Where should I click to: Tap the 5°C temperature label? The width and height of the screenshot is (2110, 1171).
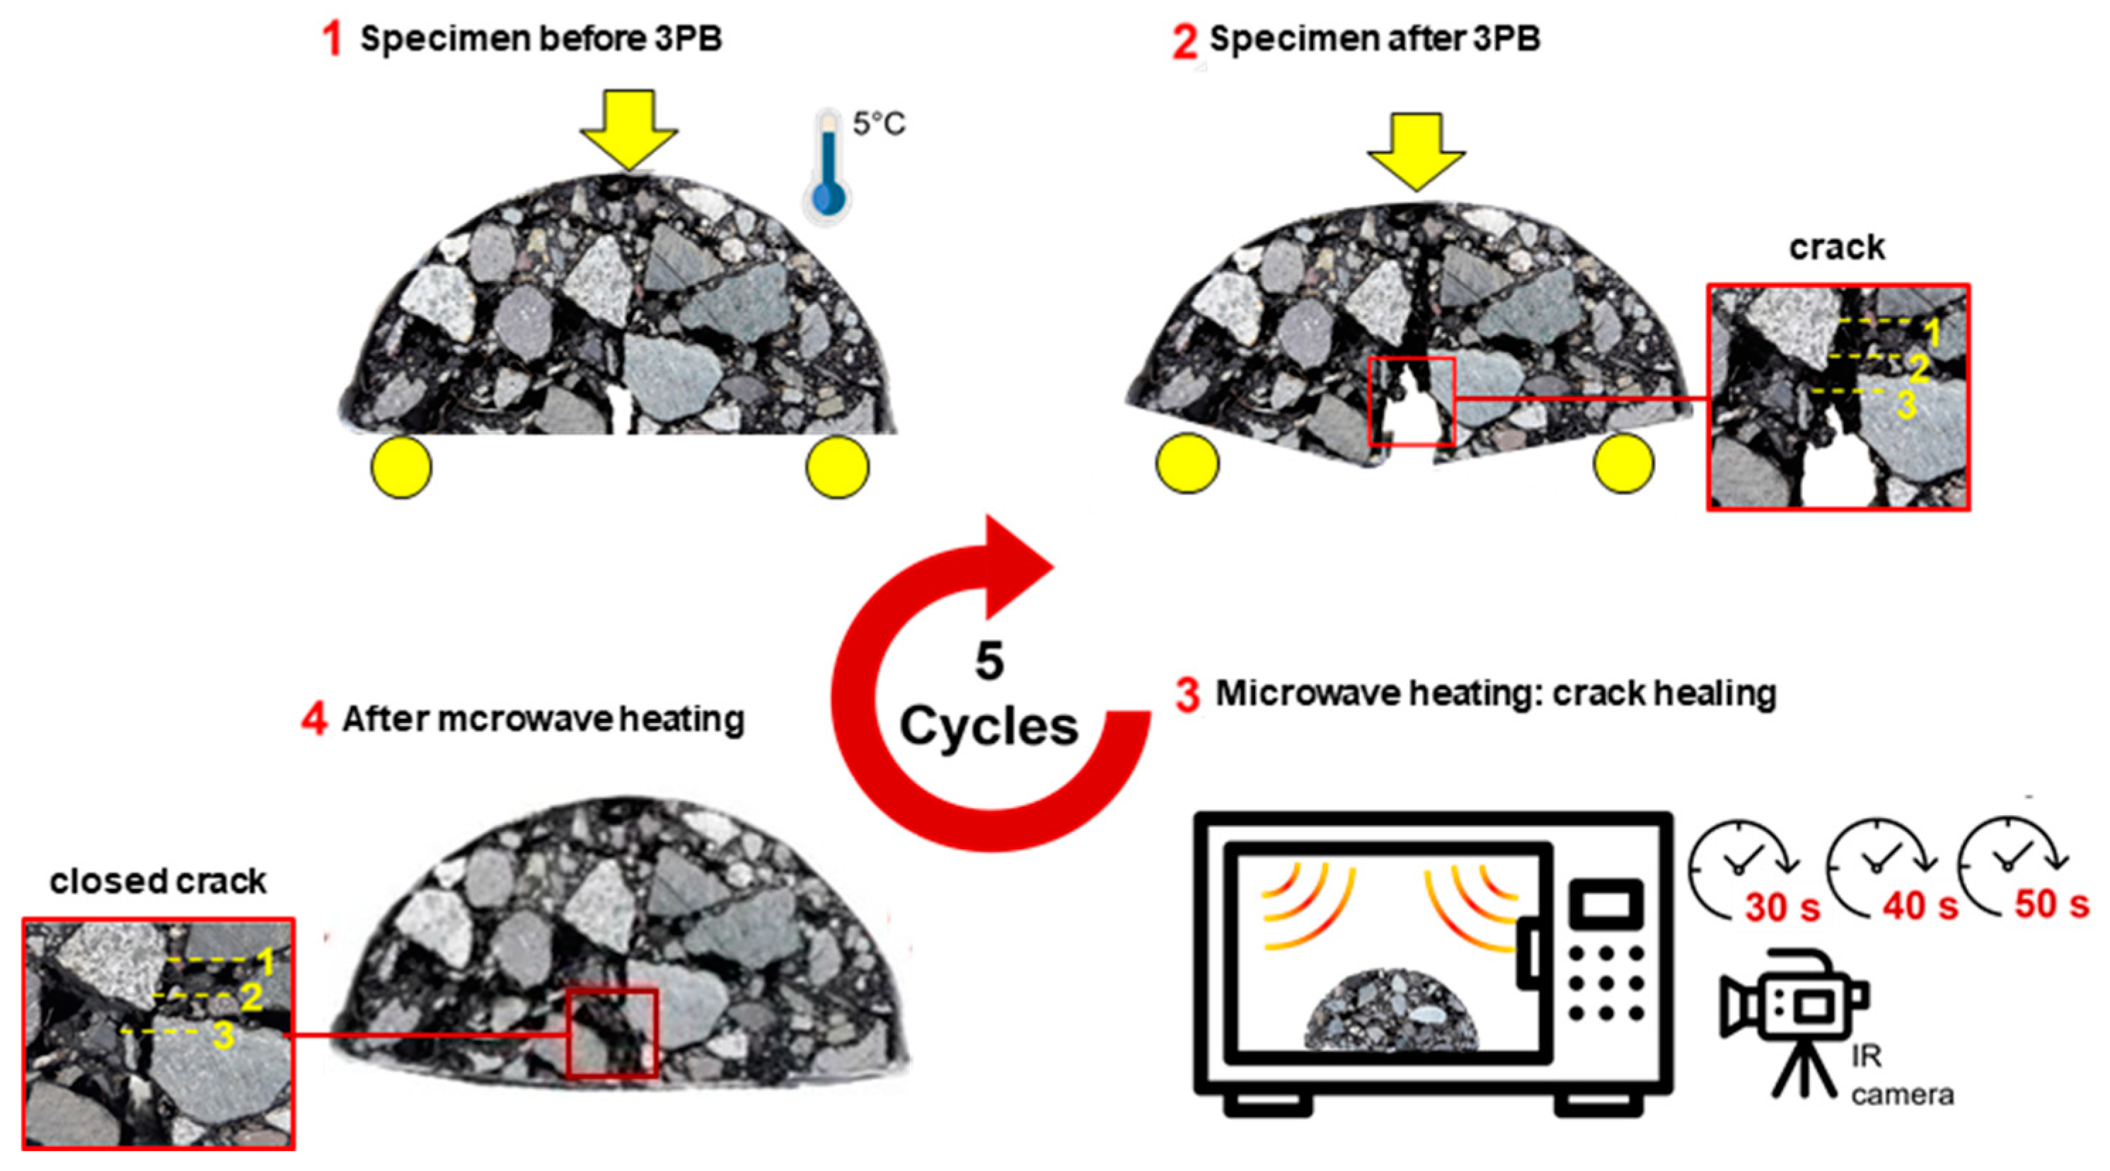[x=879, y=124]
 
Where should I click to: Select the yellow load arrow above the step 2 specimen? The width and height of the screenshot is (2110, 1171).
[x=1417, y=151]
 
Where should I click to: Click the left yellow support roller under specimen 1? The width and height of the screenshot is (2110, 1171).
[x=401, y=467]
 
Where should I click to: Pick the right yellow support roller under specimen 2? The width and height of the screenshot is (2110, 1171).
[x=1623, y=463]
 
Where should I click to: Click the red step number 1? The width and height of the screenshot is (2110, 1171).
[x=332, y=38]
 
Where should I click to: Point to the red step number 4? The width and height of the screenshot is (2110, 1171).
[x=315, y=720]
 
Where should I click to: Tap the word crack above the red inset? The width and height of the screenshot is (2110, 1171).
[x=1836, y=248]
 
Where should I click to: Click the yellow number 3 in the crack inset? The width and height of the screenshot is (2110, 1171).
[x=1907, y=405]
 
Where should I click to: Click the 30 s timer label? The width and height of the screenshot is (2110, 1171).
[x=1782, y=907]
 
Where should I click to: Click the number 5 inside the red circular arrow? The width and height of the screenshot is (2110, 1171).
[x=989, y=662]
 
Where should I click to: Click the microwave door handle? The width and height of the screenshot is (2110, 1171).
[x=1529, y=953]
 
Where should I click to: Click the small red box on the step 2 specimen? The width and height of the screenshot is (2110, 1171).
[x=1412, y=401]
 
